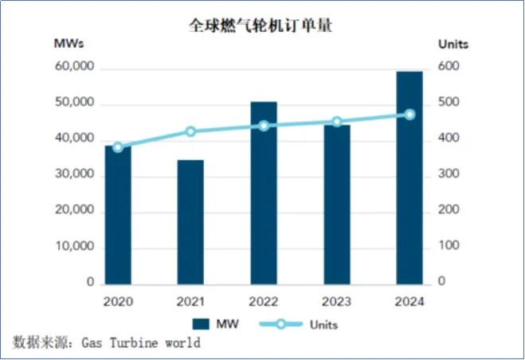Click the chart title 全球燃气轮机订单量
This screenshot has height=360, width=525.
pyautogui.click(x=260, y=25)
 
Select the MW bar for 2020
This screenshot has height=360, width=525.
pyautogui.click(x=118, y=215)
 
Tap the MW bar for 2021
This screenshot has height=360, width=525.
pyautogui.click(x=190, y=222)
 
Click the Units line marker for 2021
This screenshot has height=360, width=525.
pyautogui.click(x=190, y=131)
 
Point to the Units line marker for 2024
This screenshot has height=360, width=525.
pyautogui.click(x=409, y=114)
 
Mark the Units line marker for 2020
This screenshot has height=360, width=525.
pyautogui.click(x=118, y=147)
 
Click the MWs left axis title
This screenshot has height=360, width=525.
pyautogui.click(x=69, y=43)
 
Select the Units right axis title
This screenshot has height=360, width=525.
pyautogui.click(x=453, y=43)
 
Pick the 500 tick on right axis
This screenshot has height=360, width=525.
pyautogui.click(x=449, y=104)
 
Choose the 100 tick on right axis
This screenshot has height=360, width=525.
pyautogui.click(x=449, y=247)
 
